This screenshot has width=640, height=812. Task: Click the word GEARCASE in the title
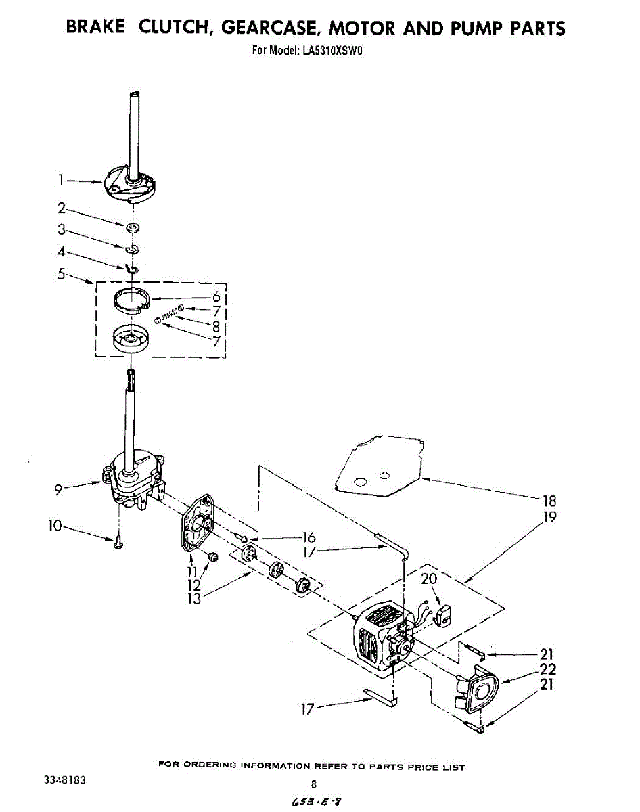click(x=270, y=28)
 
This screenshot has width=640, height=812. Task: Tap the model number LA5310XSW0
click(x=336, y=49)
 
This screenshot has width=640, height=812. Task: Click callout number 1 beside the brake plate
click(x=61, y=180)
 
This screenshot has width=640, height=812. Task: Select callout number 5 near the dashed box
click(x=61, y=274)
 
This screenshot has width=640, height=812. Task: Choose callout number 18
click(x=549, y=501)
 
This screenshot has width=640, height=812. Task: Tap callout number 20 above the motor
click(x=429, y=579)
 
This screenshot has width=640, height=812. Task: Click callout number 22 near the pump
click(x=547, y=669)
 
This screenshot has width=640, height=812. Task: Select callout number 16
click(x=310, y=538)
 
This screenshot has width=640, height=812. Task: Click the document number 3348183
click(x=65, y=780)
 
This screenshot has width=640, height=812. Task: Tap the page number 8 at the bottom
click(x=314, y=785)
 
